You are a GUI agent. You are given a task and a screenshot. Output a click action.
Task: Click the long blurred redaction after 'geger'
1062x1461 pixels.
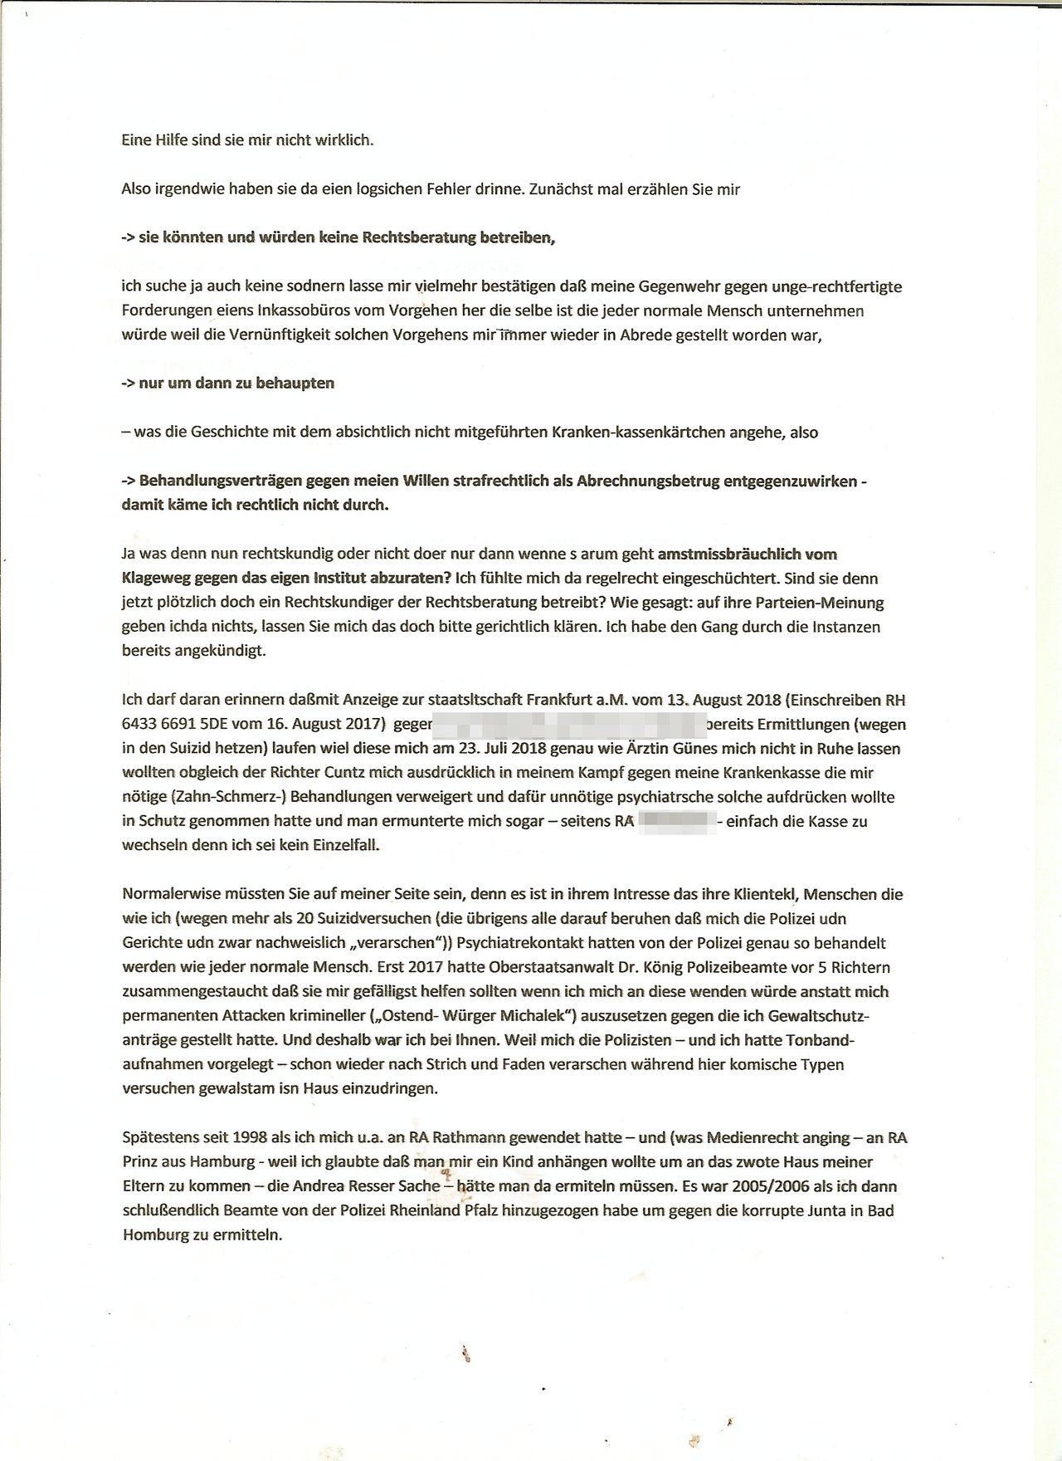click(x=568, y=724)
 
